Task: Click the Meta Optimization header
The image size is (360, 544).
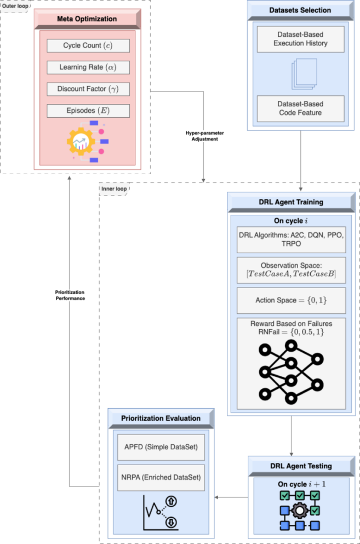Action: pos(87,19)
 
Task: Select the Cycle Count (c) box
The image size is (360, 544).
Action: pos(88,45)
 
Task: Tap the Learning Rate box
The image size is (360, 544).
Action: pos(88,67)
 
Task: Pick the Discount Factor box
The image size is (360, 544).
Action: pos(88,89)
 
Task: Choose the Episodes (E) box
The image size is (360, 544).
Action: pos(88,111)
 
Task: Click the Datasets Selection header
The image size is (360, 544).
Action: pos(300,10)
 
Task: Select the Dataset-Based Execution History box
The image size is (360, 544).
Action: pos(300,39)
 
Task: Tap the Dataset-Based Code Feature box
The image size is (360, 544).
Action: pos(300,108)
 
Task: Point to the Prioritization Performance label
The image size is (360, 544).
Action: pos(70,295)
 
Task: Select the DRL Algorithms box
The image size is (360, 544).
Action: pos(291,239)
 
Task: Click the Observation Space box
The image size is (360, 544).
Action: pos(291,270)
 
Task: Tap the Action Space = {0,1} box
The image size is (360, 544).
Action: pos(291,300)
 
